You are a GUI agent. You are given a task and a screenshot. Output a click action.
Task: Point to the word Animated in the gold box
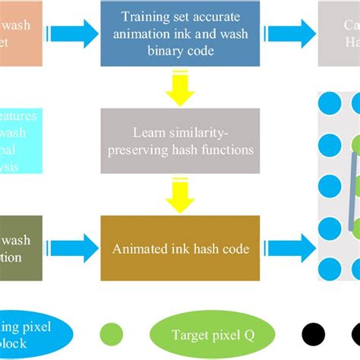pos(141,226)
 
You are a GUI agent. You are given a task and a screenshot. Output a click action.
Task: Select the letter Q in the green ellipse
pos(246,332)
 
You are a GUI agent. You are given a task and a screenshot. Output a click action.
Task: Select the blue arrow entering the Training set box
pos(73,33)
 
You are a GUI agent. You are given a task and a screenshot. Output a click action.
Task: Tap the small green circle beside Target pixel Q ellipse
pos(111,333)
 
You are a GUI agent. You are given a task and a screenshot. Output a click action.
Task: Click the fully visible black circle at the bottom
pos(312,333)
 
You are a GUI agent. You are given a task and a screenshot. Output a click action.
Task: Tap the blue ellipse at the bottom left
pos(34,332)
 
